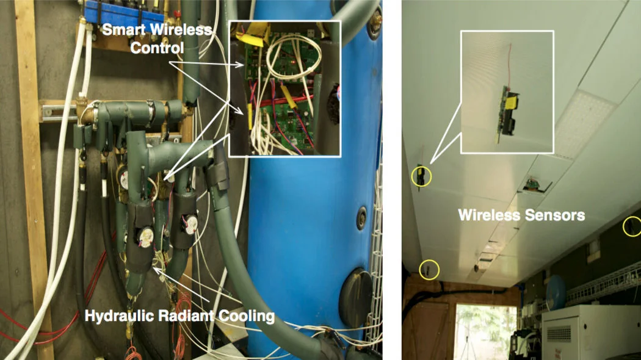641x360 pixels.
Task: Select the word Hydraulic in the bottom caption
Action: pyautogui.click(x=114, y=316)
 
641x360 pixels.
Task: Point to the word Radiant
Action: pyautogui.click(x=178, y=316)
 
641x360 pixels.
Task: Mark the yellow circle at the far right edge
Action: pyautogui.click(x=631, y=227)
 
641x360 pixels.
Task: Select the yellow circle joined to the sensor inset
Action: pyautogui.click(x=421, y=176)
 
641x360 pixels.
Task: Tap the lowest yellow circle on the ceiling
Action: pyautogui.click(x=430, y=269)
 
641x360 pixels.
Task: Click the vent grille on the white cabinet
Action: pyautogui.click(x=560, y=334)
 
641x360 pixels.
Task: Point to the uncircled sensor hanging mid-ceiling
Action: pyautogui.click(x=532, y=185)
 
